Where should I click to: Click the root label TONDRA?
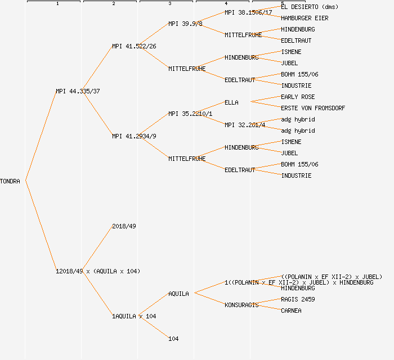click(x=10, y=181)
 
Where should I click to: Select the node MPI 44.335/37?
click(x=78, y=91)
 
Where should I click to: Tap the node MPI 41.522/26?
click(x=134, y=46)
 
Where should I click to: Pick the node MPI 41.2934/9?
click(x=134, y=136)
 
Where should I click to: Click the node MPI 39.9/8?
click(x=185, y=24)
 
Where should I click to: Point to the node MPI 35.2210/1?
click(x=190, y=114)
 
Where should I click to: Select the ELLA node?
click(x=231, y=102)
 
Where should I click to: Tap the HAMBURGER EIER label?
click(x=305, y=18)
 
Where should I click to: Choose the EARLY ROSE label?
click(x=298, y=97)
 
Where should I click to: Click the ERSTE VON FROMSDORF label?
click(x=313, y=108)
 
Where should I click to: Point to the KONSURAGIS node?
click(x=241, y=305)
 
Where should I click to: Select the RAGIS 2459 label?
click(x=298, y=299)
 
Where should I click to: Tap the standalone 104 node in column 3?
click(x=173, y=339)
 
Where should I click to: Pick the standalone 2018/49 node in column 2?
click(x=124, y=226)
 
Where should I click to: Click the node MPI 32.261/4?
click(x=245, y=125)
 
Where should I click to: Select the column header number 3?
click(x=170, y=4)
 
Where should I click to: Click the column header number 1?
click(x=57, y=4)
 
